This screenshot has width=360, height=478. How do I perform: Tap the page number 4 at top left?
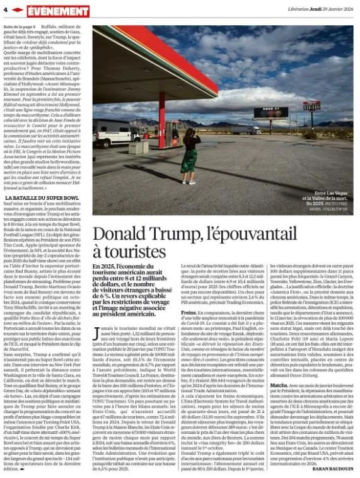(x=5, y=9)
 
